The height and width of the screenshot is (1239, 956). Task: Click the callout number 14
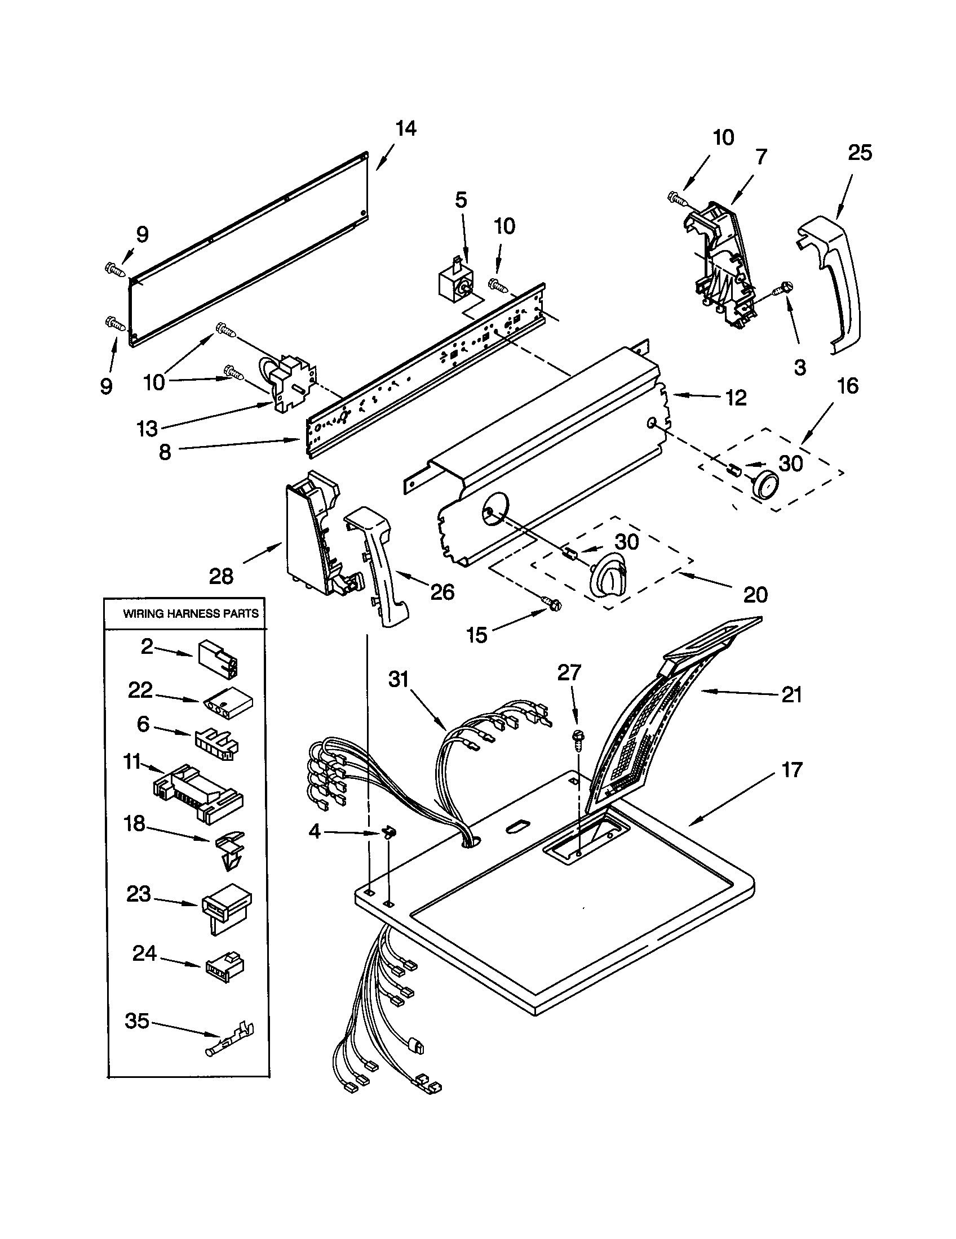406,129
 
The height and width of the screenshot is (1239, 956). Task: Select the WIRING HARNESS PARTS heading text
191,613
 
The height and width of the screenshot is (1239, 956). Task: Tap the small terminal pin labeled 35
230,1037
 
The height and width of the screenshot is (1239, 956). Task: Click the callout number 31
399,679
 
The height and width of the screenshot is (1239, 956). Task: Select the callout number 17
791,770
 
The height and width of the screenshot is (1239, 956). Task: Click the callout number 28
221,576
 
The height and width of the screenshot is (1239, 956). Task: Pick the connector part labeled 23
226,906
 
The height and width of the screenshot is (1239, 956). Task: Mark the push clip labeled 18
231,849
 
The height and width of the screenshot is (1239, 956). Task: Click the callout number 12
736,398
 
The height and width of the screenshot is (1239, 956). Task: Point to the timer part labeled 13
290,380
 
